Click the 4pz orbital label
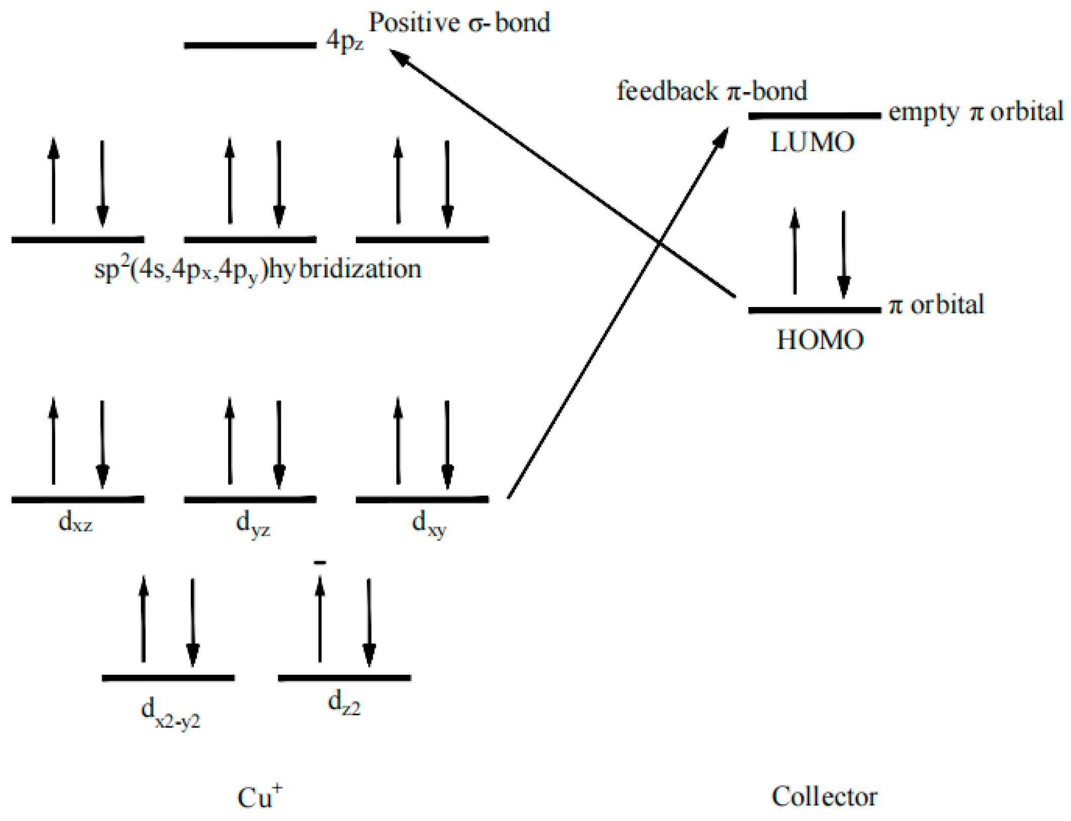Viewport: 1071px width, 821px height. pyautogui.click(x=345, y=40)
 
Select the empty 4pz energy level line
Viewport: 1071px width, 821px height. pyautogui.click(x=250, y=46)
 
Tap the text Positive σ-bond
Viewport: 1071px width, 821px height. pyautogui.click(x=459, y=23)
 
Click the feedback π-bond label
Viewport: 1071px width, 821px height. pyautogui.click(x=711, y=91)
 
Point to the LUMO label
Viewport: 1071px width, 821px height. pyautogui.click(x=812, y=142)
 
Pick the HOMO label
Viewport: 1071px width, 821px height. pyautogui.click(x=820, y=339)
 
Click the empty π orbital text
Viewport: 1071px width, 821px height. pyautogui.click(x=975, y=112)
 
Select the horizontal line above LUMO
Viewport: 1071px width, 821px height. pyautogui.click(x=814, y=116)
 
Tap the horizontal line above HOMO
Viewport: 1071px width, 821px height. pyautogui.click(x=814, y=310)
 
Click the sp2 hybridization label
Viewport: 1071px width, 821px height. pyautogui.click(x=258, y=269)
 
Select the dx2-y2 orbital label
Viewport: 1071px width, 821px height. pyautogui.click(x=170, y=713)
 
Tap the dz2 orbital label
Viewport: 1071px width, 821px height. pyautogui.click(x=344, y=703)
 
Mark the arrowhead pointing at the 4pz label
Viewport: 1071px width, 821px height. pyautogui.click(x=397, y=55)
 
